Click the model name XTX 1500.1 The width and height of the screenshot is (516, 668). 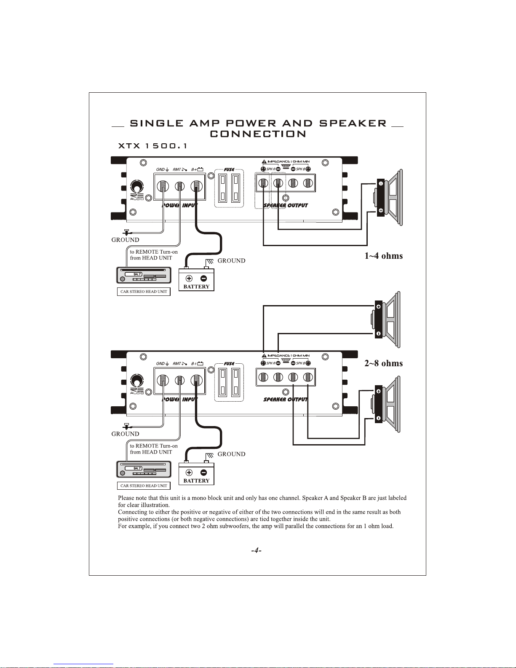pyautogui.click(x=152, y=146)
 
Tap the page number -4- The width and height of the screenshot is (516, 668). pyautogui.click(x=256, y=550)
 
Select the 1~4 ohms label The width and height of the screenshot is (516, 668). pyautogui.click(x=383, y=256)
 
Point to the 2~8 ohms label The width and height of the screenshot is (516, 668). pyautogui.click(x=383, y=363)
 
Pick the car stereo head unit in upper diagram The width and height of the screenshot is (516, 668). pyautogui.click(x=144, y=276)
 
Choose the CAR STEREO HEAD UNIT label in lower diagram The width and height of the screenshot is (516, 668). pyautogui.click(x=144, y=486)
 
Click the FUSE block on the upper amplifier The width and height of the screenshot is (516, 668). pyautogui.click(x=229, y=188)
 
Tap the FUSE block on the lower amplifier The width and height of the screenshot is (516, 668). pyautogui.click(x=229, y=381)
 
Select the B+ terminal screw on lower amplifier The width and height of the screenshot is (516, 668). pyautogui.click(x=195, y=380)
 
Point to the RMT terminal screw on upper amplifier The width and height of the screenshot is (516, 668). pyautogui.click(x=180, y=186)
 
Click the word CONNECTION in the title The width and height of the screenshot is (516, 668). pyautogui.click(x=258, y=134)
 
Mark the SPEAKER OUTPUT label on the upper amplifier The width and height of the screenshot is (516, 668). pyautogui.click(x=286, y=206)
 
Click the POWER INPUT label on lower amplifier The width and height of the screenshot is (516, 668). pyautogui.click(x=180, y=399)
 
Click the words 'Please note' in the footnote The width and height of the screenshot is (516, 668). pyautogui.click(x=132, y=498)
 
